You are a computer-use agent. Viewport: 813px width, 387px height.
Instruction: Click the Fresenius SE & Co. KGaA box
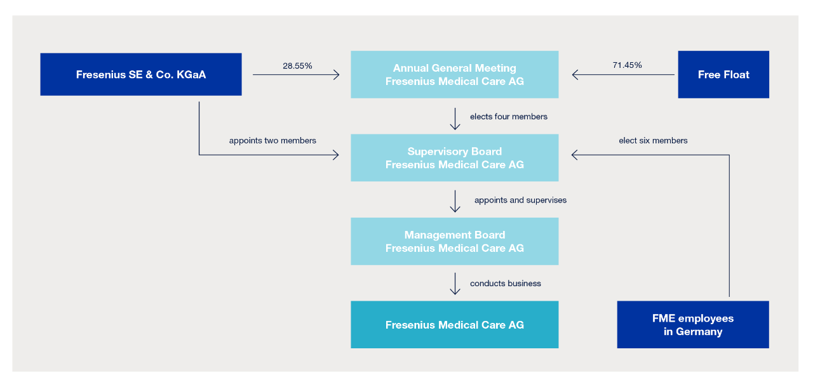pyautogui.click(x=140, y=74)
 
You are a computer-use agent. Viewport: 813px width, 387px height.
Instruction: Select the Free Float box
pyautogui.click(x=723, y=74)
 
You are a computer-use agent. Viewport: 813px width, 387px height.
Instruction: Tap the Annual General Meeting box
pyautogui.click(x=454, y=74)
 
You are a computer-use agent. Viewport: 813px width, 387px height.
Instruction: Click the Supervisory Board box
pyautogui.click(x=454, y=157)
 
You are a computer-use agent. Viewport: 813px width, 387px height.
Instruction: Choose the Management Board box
pyautogui.click(x=454, y=241)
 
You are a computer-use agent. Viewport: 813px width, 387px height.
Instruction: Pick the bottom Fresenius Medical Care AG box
pyautogui.click(x=454, y=324)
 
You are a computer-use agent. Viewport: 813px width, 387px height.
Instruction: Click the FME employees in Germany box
pyautogui.click(x=692, y=324)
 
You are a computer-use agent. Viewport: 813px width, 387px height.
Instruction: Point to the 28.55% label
pyautogui.click(x=297, y=65)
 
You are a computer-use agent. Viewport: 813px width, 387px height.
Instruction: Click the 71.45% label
pyautogui.click(x=627, y=65)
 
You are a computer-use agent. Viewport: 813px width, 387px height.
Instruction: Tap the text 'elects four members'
pyautogui.click(x=508, y=117)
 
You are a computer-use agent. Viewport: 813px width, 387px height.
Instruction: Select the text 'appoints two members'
pyautogui.click(x=272, y=140)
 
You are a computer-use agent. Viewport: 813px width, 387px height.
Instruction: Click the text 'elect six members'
pyautogui.click(x=653, y=140)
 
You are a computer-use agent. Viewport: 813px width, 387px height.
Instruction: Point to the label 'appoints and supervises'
pyautogui.click(x=520, y=200)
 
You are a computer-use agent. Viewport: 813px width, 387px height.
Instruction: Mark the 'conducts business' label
pyautogui.click(x=506, y=284)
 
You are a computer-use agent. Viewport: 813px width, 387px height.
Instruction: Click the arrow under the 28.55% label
pyautogui.click(x=296, y=75)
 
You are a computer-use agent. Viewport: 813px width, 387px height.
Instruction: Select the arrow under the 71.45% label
pyautogui.click(x=622, y=75)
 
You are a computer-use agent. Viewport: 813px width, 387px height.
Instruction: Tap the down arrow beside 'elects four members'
pyautogui.click(x=455, y=119)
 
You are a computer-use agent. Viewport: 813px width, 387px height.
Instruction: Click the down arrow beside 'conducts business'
pyautogui.click(x=455, y=284)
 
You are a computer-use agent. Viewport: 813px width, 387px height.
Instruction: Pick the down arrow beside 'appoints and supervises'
pyautogui.click(x=455, y=201)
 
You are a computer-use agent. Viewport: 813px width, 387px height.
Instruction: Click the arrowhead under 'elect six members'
pyautogui.click(x=575, y=155)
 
